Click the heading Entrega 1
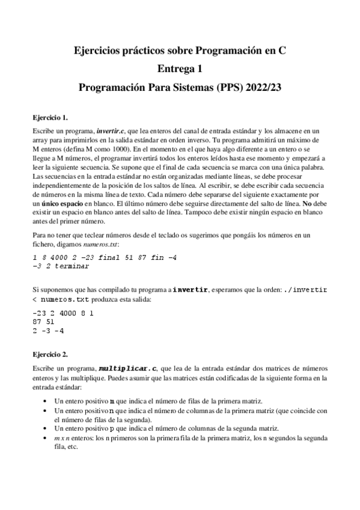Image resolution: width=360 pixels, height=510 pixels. click(x=180, y=69)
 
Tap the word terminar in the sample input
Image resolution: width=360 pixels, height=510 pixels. click(x=71, y=265)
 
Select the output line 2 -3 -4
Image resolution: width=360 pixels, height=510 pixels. click(x=48, y=331)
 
